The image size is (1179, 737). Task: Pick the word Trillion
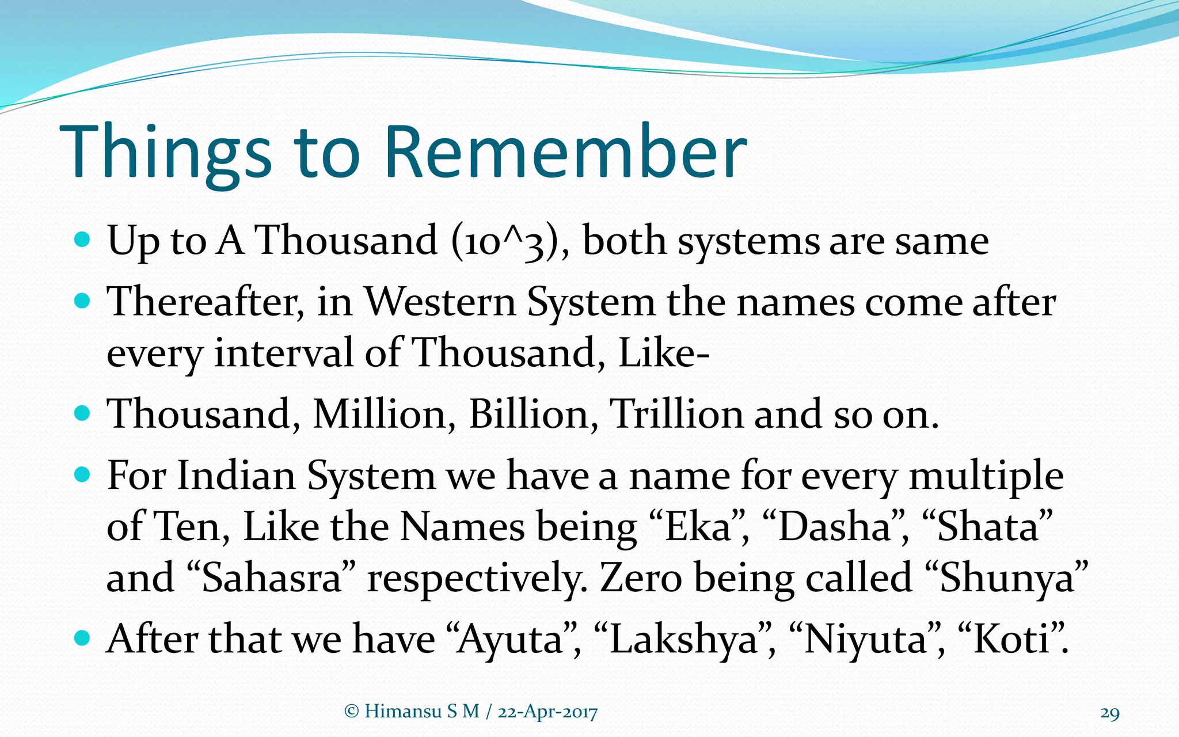[x=676, y=415]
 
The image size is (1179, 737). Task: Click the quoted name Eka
[x=698, y=527]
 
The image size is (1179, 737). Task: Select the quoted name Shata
[x=988, y=527]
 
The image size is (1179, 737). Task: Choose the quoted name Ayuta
[x=510, y=639]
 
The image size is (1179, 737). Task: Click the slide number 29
[x=1110, y=713]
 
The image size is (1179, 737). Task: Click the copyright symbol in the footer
[x=351, y=712]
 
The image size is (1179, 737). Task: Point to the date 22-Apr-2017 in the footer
[x=547, y=712]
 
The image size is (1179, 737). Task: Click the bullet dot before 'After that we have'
[x=83, y=638]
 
